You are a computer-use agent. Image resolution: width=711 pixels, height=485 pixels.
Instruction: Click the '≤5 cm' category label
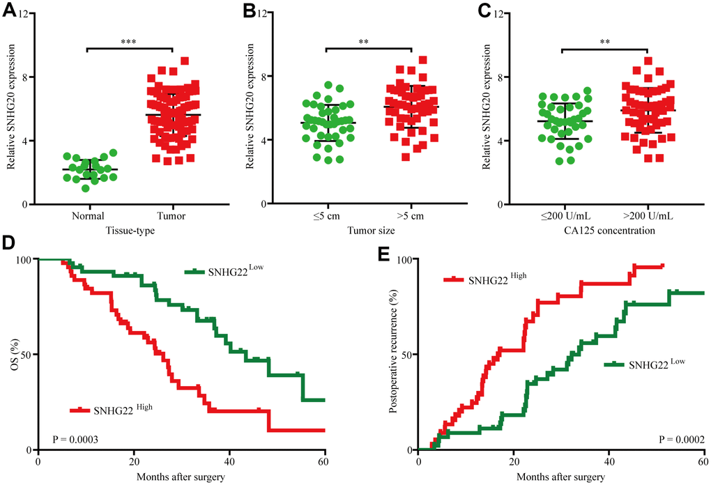point(326,216)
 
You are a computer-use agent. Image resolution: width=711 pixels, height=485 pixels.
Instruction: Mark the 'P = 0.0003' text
point(76,439)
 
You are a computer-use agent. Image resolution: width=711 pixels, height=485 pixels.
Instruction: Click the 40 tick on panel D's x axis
point(229,462)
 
